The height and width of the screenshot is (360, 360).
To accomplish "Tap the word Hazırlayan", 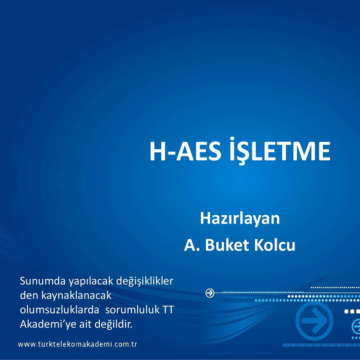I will coord(240,219).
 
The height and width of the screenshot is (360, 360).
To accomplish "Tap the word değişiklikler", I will coord(145,281).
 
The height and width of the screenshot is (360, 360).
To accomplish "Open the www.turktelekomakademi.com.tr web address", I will coord(78,345).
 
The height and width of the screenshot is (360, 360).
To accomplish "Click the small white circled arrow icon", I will coord(210,293).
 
